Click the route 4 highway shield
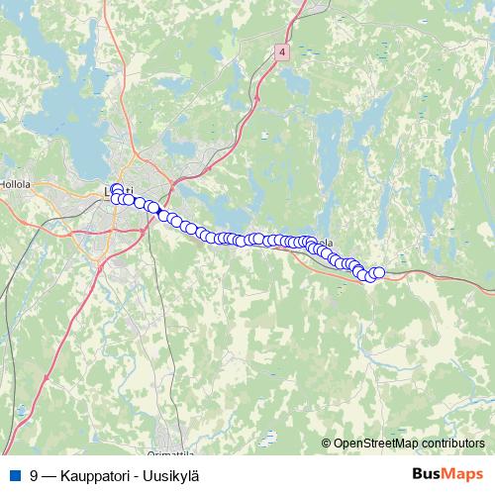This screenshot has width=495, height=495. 283,51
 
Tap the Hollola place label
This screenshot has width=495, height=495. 15,183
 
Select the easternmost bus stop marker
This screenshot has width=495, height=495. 378,272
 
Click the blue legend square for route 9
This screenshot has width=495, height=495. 14,475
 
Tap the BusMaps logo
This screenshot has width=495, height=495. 446,474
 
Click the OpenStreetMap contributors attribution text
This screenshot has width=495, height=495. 408,443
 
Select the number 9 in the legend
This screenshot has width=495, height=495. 35,475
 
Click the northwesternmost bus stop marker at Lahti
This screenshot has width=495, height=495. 117,189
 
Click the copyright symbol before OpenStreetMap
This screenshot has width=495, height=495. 327,443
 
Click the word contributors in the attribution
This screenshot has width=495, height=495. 450,443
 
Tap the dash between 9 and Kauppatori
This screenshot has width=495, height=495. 49,475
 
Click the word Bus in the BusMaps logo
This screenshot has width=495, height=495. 426,474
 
